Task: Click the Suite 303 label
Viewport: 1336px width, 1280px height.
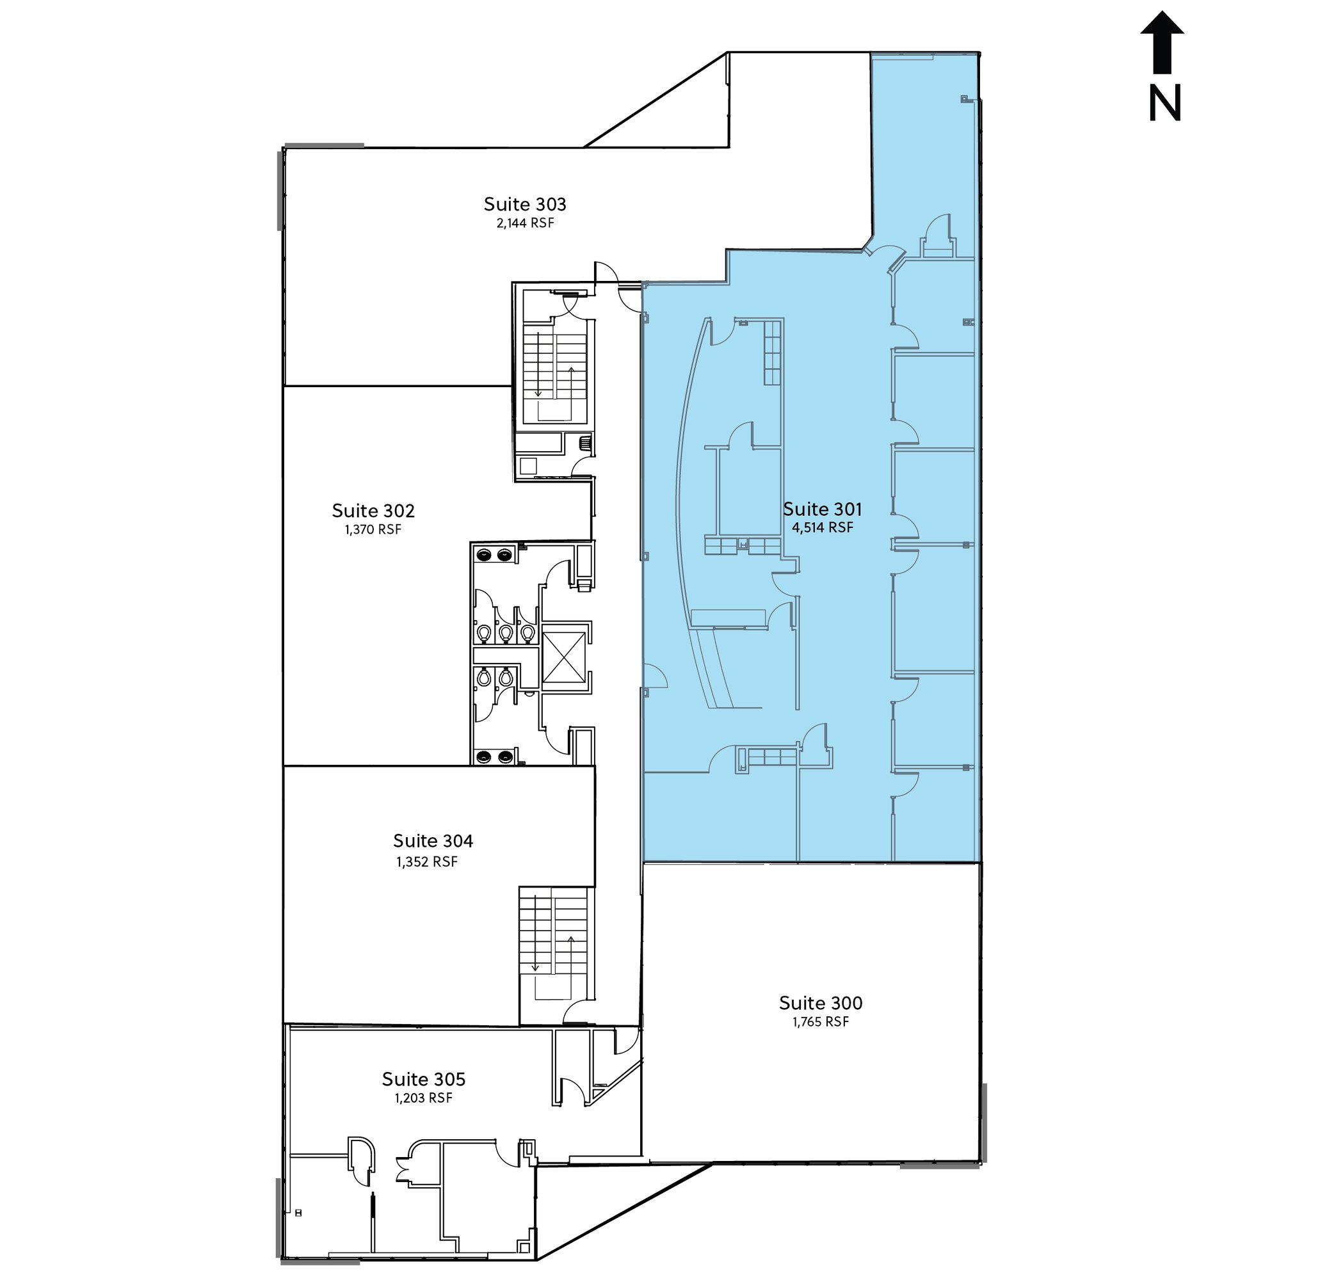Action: click(x=525, y=204)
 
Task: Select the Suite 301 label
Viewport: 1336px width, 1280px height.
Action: click(x=822, y=509)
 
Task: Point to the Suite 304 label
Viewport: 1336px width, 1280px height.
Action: click(x=433, y=840)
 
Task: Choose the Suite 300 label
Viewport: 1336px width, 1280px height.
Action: click(x=821, y=1003)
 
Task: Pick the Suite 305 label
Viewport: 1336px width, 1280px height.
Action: click(x=423, y=1079)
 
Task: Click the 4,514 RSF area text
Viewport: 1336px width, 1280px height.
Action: click(x=822, y=527)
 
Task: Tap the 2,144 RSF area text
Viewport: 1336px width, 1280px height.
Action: click(x=525, y=223)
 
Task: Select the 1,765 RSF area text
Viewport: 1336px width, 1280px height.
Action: click(x=821, y=1021)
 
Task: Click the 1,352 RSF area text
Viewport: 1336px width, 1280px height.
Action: click(x=427, y=861)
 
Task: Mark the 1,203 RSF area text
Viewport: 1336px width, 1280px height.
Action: click(x=423, y=1098)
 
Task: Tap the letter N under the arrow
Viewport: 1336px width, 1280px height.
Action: click(x=1165, y=104)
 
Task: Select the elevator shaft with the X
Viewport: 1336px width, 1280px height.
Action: click(x=564, y=657)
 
